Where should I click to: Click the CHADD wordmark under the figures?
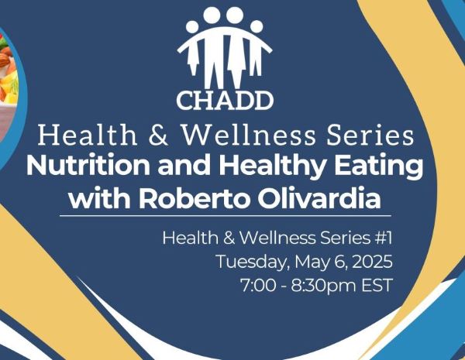pos(225,101)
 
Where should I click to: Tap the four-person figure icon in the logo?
pos(225,47)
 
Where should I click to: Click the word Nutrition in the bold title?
pos(88,166)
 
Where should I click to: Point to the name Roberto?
pos(193,199)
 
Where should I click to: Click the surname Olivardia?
pos(319,199)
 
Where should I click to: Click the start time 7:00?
pos(258,286)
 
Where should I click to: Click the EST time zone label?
pos(377,286)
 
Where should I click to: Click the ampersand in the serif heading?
pos(158,135)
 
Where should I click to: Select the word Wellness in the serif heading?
pos(248,135)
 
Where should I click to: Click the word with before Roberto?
pos(100,199)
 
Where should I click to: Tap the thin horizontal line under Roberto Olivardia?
pos(226,216)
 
